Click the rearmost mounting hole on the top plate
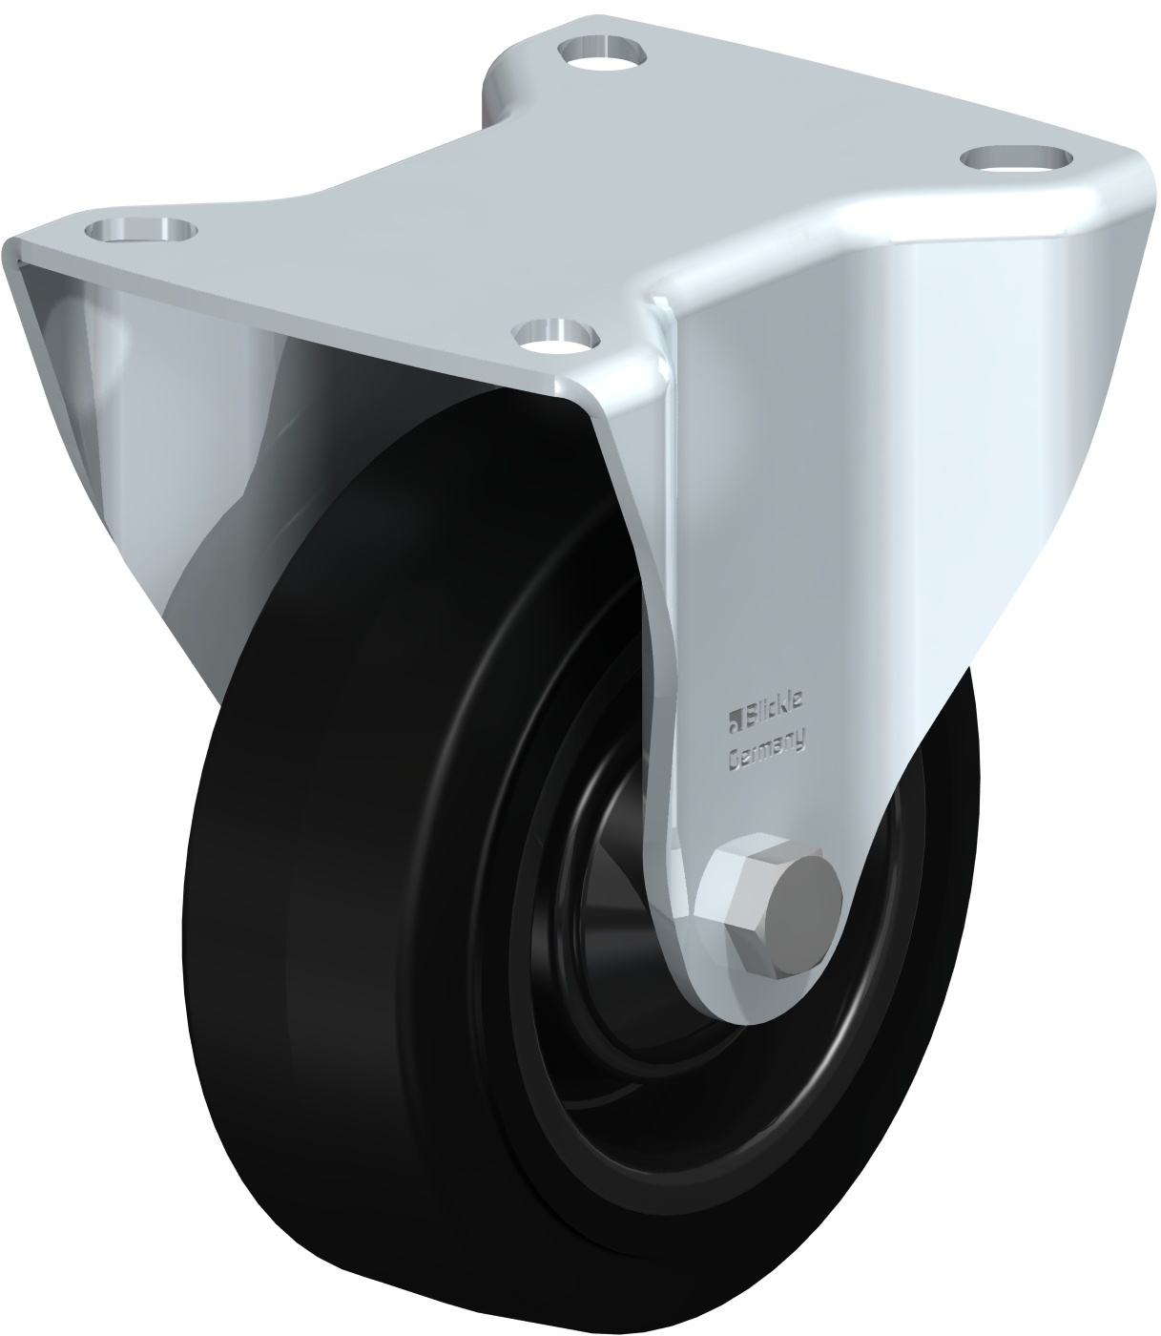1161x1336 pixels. tap(602, 51)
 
